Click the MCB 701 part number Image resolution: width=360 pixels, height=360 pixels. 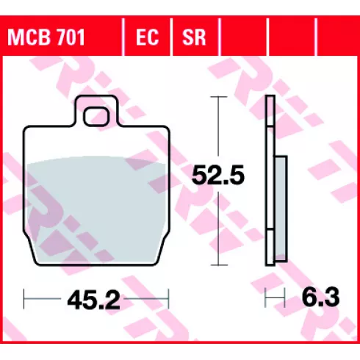(46, 37)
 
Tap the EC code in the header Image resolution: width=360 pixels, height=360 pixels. (147, 37)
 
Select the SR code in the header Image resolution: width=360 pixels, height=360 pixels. (194, 37)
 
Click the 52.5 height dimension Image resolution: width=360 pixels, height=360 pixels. (218, 175)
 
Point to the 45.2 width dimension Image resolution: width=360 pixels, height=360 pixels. (94, 300)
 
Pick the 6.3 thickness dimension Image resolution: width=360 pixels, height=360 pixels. (320, 297)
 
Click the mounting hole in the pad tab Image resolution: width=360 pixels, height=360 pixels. (96, 117)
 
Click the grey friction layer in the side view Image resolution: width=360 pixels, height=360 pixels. (281, 209)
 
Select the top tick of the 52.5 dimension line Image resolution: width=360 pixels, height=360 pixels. (219, 97)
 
